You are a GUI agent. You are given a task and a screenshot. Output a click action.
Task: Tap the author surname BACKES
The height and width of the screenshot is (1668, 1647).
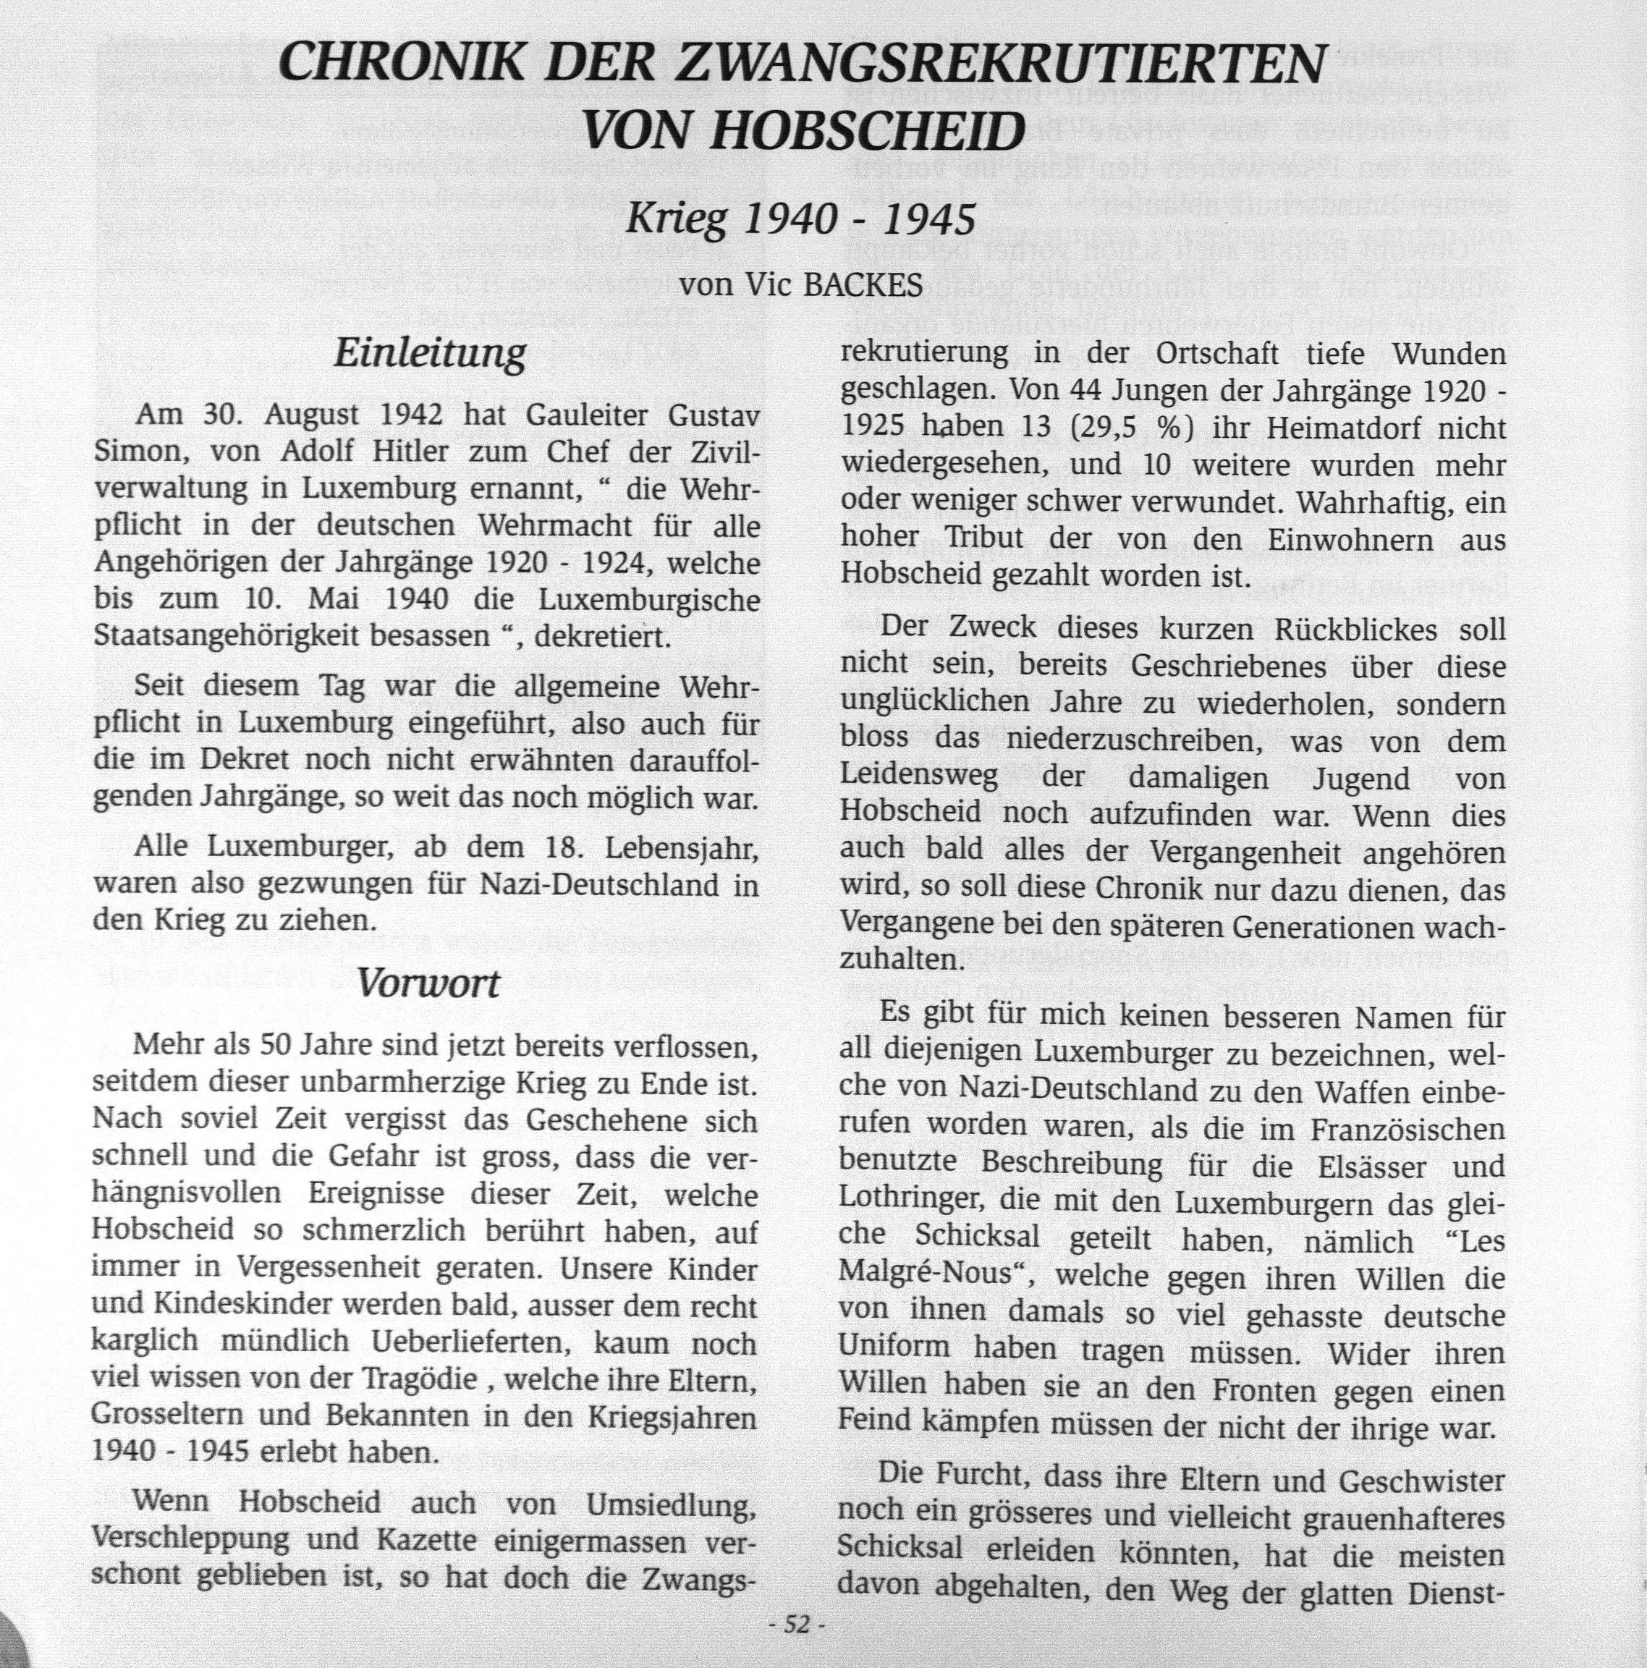[863, 285]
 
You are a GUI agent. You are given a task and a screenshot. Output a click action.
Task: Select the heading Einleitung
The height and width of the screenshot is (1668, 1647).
[429, 354]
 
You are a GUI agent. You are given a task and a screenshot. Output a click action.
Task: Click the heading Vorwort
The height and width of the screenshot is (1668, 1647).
[428, 983]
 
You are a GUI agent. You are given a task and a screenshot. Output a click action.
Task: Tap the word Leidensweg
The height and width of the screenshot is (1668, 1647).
[918, 778]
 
